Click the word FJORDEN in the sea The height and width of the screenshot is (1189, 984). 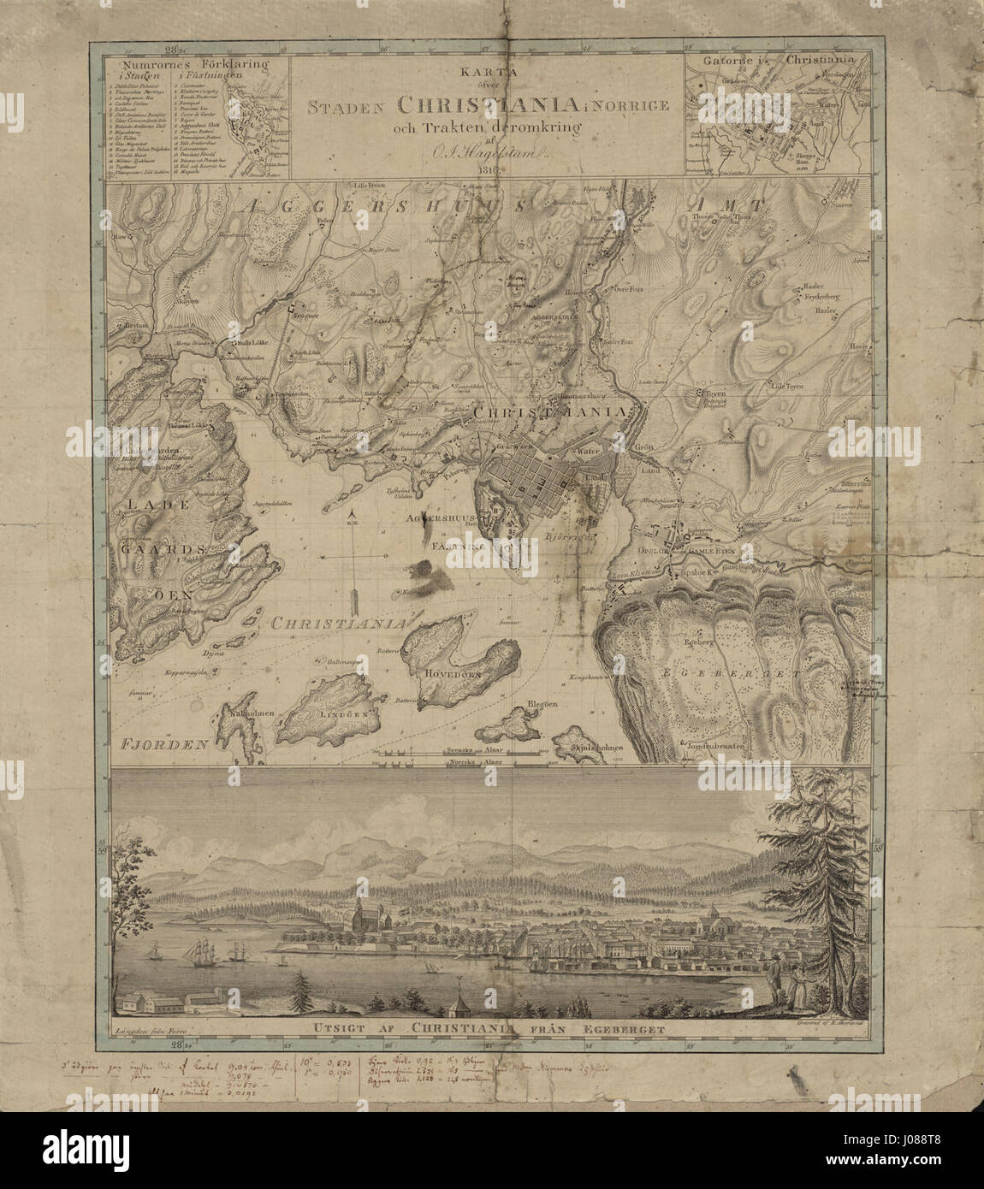(166, 744)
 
